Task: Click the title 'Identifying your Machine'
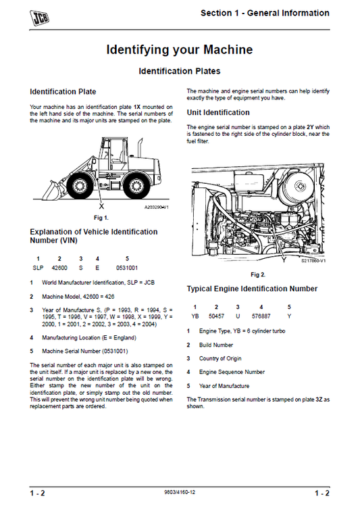(180, 50)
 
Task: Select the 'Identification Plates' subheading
(180, 71)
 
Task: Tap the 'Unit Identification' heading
(218, 112)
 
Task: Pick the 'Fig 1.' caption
(101, 217)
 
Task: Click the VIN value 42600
(60, 268)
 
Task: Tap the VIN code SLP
(38, 268)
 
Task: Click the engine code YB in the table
(195, 315)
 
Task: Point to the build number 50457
(216, 315)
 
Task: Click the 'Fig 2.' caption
(257, 275)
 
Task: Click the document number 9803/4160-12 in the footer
(180, 493)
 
